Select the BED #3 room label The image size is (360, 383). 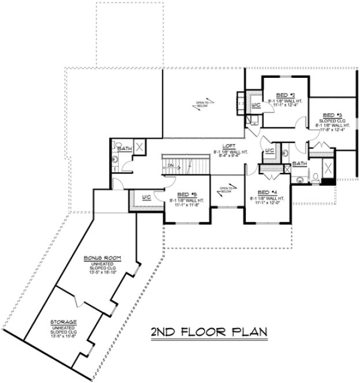(x=332, y=115)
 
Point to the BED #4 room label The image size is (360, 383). (x=267, y=192)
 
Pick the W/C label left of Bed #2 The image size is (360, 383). (x=254, y=106)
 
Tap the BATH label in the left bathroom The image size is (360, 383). (x=123, y=149)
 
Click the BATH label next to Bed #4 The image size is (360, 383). (x=299, y=164)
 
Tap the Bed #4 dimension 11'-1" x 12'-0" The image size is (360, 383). (x=267, y=202)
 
